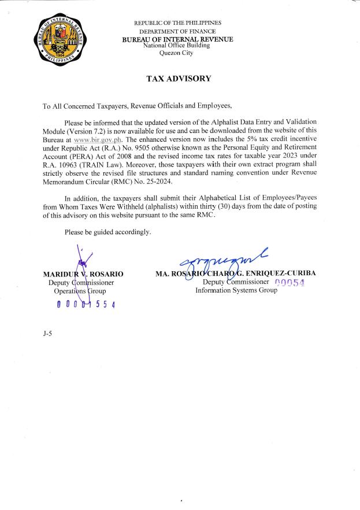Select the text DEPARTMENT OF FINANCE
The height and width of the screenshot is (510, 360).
[x=178, y=31]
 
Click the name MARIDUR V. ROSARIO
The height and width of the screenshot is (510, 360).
[x=83, y=274]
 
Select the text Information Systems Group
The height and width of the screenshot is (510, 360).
[x=236, y=290]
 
